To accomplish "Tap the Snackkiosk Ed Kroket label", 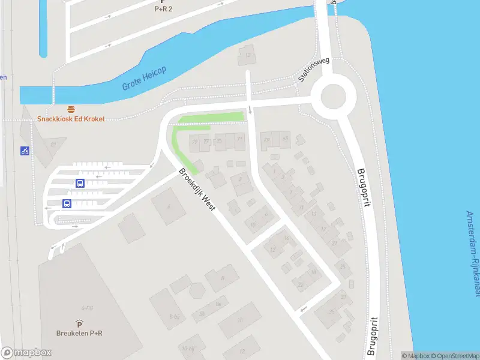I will click(71, 119).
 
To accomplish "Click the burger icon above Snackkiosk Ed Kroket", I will click(71, 109).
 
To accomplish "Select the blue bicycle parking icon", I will click(25, 151).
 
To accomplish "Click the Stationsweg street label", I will click(314, 70).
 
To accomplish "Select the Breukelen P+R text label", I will click(79, 334).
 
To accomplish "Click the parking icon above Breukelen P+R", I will click(79, 323).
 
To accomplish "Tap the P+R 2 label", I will click(163, 8).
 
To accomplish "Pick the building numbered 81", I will click(53, 145).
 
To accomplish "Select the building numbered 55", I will click(286, 139).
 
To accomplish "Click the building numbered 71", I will click(239, 140).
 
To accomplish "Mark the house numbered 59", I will click(267, 140).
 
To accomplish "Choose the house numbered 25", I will click(343, 266).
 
